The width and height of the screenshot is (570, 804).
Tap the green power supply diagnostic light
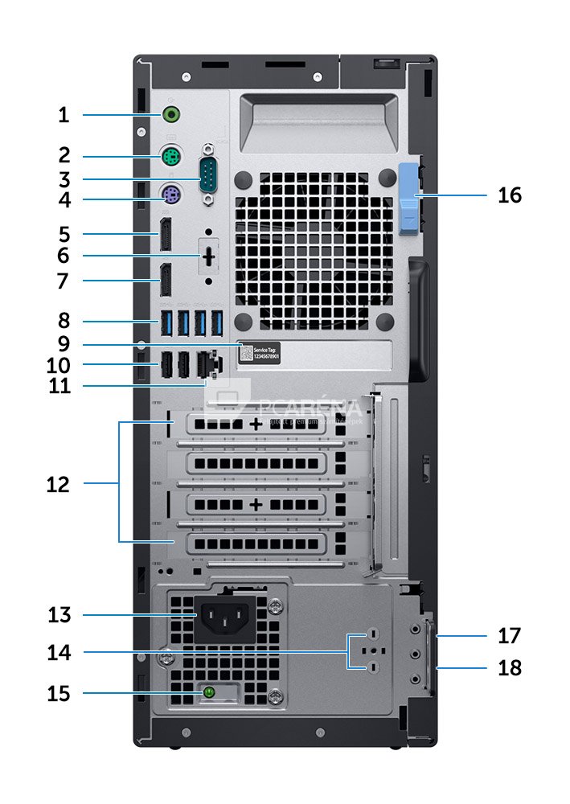point(210,691)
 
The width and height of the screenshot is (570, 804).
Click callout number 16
point(509,195)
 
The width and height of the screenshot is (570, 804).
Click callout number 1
point(64,115)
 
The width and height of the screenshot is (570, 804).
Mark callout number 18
point(509,667)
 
